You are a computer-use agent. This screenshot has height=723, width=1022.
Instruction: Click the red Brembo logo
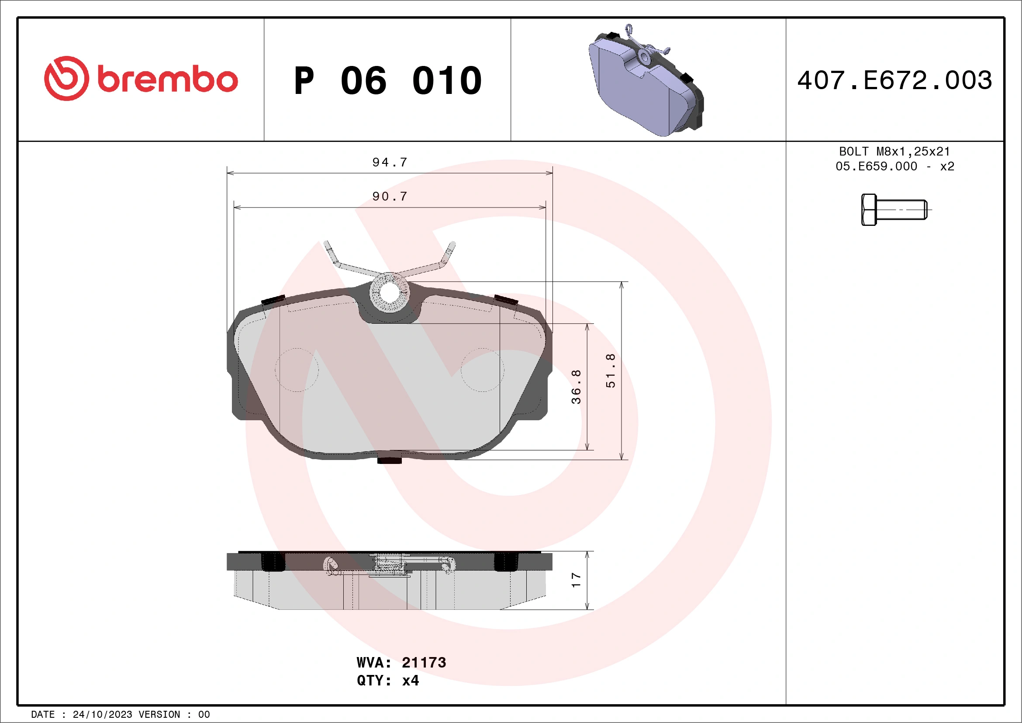pos(141,79)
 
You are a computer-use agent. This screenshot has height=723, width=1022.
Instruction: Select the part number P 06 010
pos(387,80)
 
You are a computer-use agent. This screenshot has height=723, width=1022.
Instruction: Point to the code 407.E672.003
pos(895,80)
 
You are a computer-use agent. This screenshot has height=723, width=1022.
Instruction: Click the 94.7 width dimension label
pos(390,162)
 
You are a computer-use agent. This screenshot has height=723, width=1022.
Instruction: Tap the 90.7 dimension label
pos(390,196)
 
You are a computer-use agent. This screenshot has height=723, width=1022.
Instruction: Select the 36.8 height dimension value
pos(576,387)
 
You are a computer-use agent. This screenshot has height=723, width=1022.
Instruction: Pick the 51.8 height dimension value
pos(611,370)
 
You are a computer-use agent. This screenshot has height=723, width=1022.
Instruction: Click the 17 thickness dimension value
pos(576,580)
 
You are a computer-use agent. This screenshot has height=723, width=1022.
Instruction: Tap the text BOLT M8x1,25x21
pos(895,151)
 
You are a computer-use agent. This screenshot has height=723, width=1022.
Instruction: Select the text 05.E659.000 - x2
pos(895,166)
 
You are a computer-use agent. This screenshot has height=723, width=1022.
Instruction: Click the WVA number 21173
pos(424,662)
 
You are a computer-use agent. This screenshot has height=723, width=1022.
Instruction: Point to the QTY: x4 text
pos(388,681)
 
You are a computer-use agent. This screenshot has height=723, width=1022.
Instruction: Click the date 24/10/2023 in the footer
pos(102,715)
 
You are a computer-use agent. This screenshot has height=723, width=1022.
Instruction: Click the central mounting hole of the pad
pos(390,293)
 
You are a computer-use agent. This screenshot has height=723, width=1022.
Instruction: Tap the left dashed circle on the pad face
pos(297,370)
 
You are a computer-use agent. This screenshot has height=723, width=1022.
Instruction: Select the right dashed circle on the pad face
pos(482,370)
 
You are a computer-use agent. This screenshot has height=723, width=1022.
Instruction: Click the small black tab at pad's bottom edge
pos(390,460)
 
